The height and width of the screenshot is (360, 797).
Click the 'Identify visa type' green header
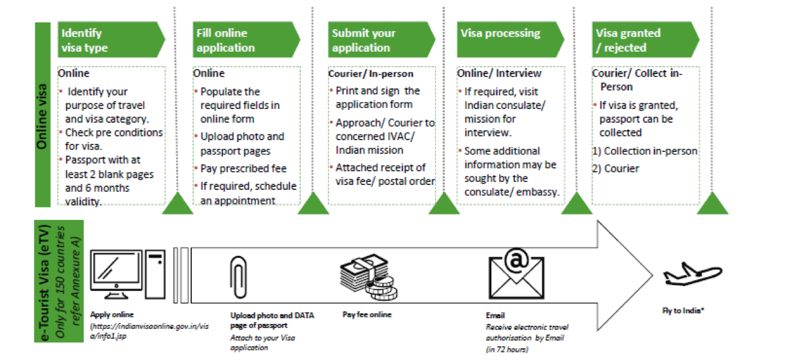click(111, 39)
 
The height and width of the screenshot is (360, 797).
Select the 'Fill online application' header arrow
click(246, 39)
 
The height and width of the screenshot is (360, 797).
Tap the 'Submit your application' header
click(382, 39)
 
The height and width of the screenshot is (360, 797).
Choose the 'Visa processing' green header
click(510, 39)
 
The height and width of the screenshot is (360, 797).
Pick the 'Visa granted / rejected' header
click(646, 39)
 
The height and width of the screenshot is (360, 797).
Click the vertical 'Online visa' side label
click(42, 115)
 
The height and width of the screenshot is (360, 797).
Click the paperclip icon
click(238, 277)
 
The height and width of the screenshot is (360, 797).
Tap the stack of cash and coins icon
click(369, 277)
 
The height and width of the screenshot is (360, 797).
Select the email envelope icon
click(516, 273)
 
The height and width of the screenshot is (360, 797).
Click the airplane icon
click(692, 274)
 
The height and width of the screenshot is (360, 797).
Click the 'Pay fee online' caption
click(367, 315)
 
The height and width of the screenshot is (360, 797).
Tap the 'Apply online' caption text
click(111, 315)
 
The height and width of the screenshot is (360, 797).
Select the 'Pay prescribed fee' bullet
click(243, 168)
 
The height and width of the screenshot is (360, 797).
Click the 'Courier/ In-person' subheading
click(370, 73)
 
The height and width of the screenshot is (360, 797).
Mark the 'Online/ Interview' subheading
click(499, 73)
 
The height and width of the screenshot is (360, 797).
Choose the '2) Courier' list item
click(616, 168)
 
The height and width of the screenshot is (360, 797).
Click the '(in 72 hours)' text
click(507, 349)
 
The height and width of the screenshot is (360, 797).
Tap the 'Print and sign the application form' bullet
click(377, 97)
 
